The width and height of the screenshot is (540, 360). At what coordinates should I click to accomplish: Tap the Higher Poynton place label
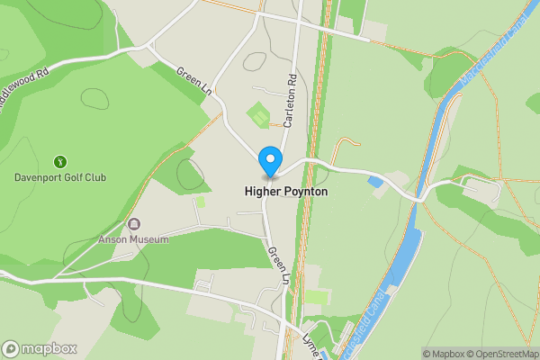[284, 192]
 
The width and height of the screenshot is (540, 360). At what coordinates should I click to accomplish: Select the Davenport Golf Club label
[60, 177]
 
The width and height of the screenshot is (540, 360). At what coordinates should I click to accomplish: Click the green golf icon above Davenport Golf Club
[60, 162]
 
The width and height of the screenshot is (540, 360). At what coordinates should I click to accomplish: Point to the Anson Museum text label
[134, 239]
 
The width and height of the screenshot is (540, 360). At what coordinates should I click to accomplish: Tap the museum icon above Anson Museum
[134, 224]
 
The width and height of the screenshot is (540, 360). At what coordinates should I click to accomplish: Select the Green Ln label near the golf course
[193, 84]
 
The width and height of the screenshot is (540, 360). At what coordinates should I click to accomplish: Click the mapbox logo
[39, 349]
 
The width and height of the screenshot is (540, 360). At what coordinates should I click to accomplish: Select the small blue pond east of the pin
[375, 183]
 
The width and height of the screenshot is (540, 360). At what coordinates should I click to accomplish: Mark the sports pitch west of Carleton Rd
[258, 116]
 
